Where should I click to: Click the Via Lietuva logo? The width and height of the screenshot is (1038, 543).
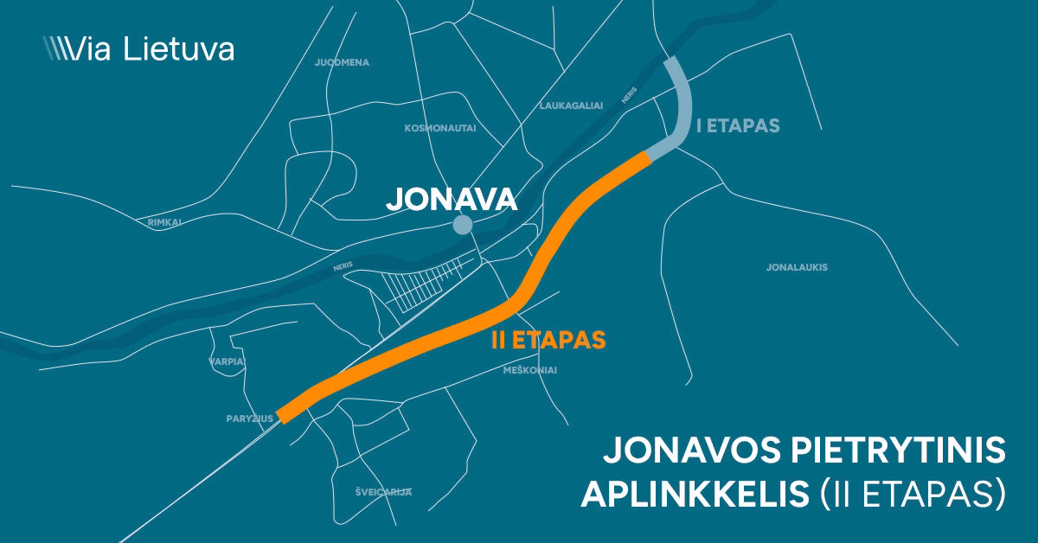tap(138, 48)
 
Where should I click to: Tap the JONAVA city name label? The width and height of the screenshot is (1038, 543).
tap(452, 200)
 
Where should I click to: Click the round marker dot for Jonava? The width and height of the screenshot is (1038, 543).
tap(463, 226)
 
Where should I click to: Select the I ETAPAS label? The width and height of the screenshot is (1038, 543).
tap(738, 126)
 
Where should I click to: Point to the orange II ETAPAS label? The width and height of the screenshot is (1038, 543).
tap(548, 340)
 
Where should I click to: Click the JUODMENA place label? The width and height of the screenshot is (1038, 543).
tap(343, 63)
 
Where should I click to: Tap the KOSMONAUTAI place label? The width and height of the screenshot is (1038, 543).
tap(440, 128)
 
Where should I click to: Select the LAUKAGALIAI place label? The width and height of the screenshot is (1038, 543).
tap(571, 105)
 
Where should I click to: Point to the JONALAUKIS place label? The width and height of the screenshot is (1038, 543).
tap(797, 267)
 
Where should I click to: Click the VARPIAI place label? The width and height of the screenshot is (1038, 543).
tap(227, 361)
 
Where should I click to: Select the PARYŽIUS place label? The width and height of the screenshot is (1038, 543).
tap(248, 418)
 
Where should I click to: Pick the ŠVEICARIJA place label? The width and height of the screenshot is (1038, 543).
tap(383, 492)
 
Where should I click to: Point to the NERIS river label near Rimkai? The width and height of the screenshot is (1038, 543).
tap(344, 268)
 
